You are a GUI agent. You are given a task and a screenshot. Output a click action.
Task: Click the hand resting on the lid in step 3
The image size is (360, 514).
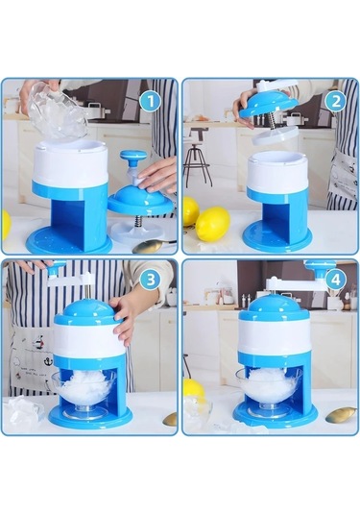point(122,317)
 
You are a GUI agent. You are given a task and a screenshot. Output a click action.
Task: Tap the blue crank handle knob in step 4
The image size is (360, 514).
point(319,266)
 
